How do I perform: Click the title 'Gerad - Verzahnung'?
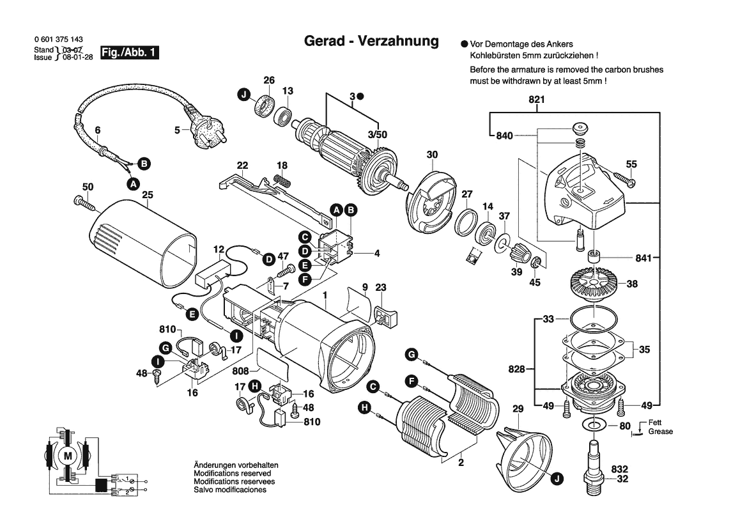[371, 42]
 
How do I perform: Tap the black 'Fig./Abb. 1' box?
[130, 53]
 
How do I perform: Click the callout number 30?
[433, 154]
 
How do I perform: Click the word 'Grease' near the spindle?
[661, 431]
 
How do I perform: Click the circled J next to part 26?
[243, 97]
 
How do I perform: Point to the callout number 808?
[240, 371]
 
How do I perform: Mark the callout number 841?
[642, 258]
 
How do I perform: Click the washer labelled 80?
[595, 425]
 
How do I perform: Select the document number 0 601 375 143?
[58, 40]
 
